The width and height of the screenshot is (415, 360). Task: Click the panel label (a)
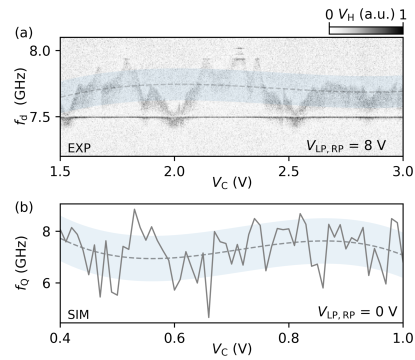point(19,32)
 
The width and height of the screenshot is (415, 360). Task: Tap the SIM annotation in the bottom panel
point(80,314)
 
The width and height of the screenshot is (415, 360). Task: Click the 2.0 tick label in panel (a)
point(174,172)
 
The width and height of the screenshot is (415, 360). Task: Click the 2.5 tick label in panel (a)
point(289,172)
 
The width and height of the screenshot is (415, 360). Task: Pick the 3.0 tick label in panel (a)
point(402,172)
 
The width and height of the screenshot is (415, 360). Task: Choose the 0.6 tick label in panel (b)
point(174,338)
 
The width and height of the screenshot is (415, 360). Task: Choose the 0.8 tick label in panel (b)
point(289,338)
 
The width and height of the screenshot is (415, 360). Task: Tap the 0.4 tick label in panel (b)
point(60,338)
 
